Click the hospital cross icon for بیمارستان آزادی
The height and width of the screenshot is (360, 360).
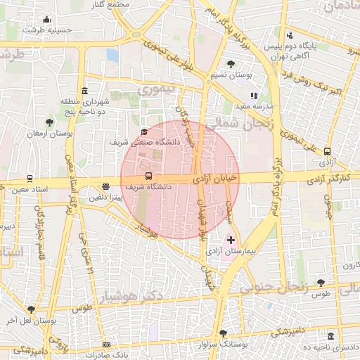pos(231,240)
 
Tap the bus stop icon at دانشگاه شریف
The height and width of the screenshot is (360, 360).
pos(148,176)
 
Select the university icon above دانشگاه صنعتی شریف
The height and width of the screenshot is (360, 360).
pos(144,131)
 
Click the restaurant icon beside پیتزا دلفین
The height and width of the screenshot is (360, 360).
pos(105,187)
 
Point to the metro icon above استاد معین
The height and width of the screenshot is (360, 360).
pos(30,178)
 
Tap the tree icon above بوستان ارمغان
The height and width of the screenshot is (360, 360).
pos(49,122)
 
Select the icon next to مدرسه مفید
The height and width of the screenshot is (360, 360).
pos(254,96)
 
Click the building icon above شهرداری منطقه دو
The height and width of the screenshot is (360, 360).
pos(85,91)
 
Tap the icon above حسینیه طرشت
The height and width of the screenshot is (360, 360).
pos(46,20)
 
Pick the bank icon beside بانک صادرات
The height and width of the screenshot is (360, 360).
pos(106,345)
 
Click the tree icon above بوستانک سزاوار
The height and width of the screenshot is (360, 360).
pos(223,333)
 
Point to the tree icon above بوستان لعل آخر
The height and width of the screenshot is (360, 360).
pos(31,309)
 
